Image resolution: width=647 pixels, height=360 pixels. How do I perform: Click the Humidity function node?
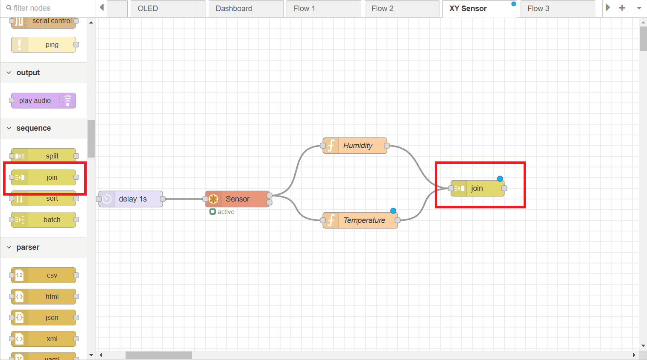click(357, 146)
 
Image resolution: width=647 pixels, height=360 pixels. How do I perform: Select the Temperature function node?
click(364, 220)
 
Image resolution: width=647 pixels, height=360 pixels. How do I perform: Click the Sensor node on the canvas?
click(237, 199)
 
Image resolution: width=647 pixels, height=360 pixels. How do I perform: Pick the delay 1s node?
click(132, 199)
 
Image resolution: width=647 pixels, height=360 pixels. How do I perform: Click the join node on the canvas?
click(477, 188)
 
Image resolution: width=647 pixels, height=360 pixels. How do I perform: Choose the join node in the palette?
click(52, 178)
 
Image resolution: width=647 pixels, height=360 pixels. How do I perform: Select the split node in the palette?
click(52, 156)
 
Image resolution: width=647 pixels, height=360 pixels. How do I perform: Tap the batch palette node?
click(52, 220)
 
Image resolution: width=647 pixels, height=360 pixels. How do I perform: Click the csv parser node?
click(52, 275)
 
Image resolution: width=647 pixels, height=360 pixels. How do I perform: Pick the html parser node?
click(52, 296)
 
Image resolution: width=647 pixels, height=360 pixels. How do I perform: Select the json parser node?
click(52, 318)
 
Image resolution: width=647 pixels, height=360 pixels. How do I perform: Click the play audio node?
click(38, 101)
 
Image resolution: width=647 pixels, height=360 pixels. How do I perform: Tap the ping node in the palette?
click(52, 45)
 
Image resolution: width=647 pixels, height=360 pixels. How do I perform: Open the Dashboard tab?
click(234, 9)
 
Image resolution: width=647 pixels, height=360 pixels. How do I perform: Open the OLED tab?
click(148, 9)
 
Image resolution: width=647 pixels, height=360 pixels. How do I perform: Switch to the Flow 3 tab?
click(538, 9)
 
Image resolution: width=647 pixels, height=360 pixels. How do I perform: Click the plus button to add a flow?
click(622, 8)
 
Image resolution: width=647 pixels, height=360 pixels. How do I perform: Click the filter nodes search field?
click(47, 8)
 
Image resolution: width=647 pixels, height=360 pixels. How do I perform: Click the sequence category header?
click(33, 128)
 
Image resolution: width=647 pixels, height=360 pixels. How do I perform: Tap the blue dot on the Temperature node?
click(393, 211)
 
